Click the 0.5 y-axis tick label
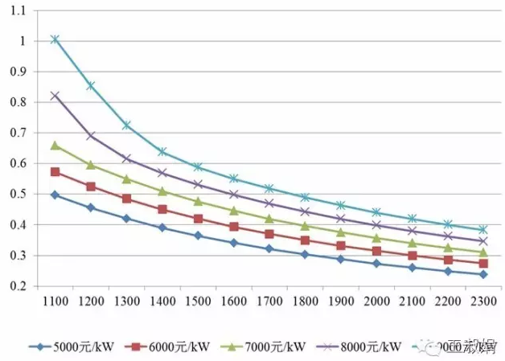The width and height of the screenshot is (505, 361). (x=19, y=195)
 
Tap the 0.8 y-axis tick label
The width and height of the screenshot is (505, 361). (x=19, y=102)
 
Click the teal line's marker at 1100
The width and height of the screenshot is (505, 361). (x=55, y=39)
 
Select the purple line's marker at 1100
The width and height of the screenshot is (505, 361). (x=55, y=96)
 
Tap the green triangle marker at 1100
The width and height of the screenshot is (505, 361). (x=55, y=146)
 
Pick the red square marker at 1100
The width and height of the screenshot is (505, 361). (x=55, y=172)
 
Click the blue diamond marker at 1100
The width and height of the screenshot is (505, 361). (x=55, y=195)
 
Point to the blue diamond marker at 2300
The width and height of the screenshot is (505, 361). (x=483, y=274)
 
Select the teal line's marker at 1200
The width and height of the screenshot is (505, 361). (x=91, y=85)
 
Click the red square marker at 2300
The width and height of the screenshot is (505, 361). (x=483, y=264)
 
